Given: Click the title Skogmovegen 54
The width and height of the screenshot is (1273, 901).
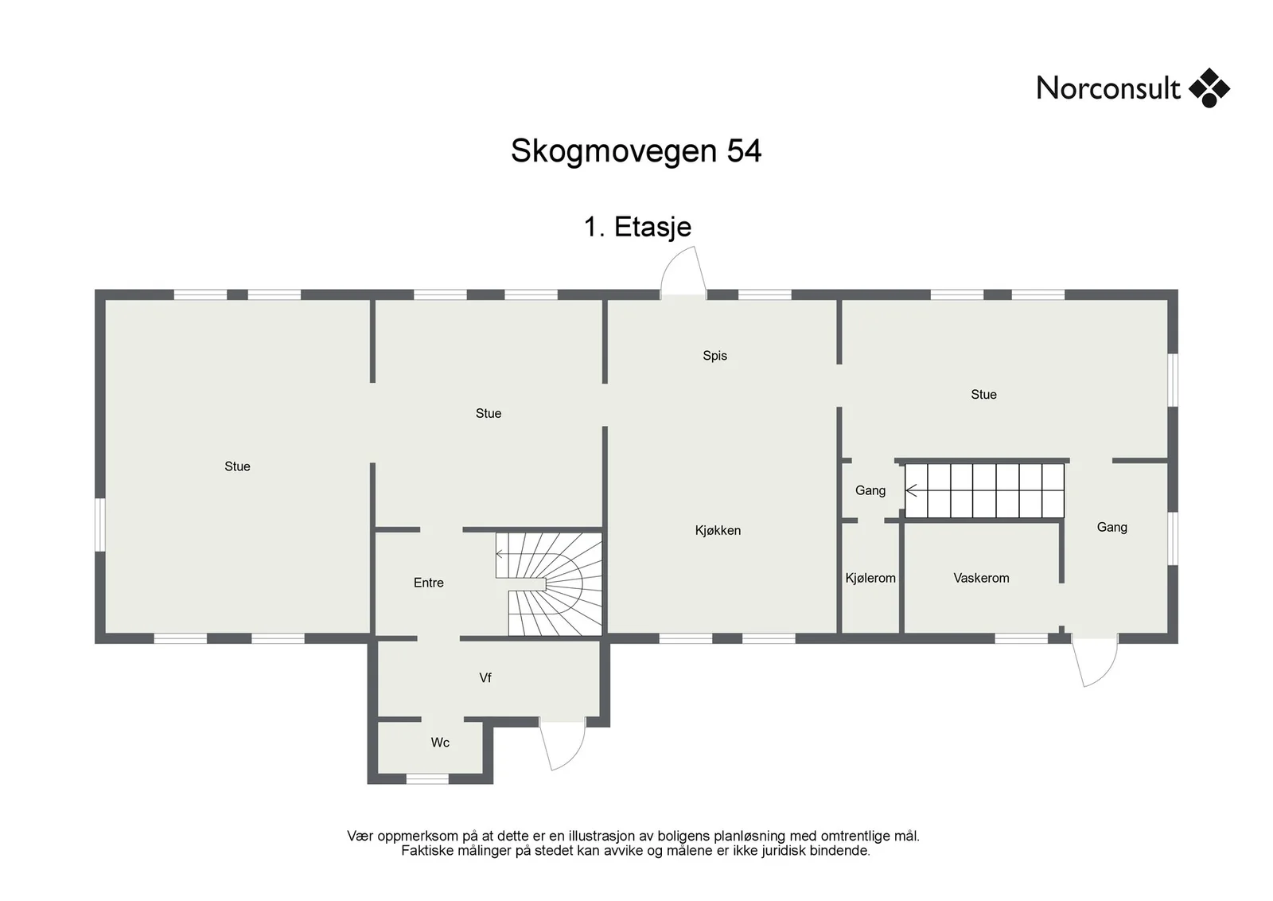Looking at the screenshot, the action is point(636,151).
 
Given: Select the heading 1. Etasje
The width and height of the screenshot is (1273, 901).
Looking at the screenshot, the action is point(637,227).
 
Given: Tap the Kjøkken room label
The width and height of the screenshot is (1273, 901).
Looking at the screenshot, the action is point(718,530).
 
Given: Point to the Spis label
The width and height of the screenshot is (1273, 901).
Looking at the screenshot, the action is point(715,356).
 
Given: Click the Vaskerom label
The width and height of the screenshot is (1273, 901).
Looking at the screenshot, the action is point(982,578).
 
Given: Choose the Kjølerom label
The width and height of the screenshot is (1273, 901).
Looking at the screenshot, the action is point(870,578).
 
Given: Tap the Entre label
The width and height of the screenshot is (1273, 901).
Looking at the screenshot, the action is point(429,583).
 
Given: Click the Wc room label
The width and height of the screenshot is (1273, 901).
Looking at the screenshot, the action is point(440,743).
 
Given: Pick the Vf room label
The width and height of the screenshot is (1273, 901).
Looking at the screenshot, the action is point(485,677).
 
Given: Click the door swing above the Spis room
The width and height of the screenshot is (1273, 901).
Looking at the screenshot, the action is point(683,271).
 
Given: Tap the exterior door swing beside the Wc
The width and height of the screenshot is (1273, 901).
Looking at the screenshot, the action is point(562,746).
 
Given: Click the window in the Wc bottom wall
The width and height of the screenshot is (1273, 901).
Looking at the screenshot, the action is point(427,778).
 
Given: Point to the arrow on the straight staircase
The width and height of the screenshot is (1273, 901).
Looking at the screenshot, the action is point(912,490).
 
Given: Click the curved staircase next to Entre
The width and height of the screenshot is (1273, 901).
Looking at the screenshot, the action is point(548,583).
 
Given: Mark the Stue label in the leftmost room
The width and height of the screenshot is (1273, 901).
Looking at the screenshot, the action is point(237,466).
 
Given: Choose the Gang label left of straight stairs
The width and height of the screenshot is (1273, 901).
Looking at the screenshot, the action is point(870,490).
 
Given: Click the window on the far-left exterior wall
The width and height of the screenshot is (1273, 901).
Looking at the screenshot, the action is point(100,525).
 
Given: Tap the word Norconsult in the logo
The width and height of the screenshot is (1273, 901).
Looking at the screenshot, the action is point(1108,88).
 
